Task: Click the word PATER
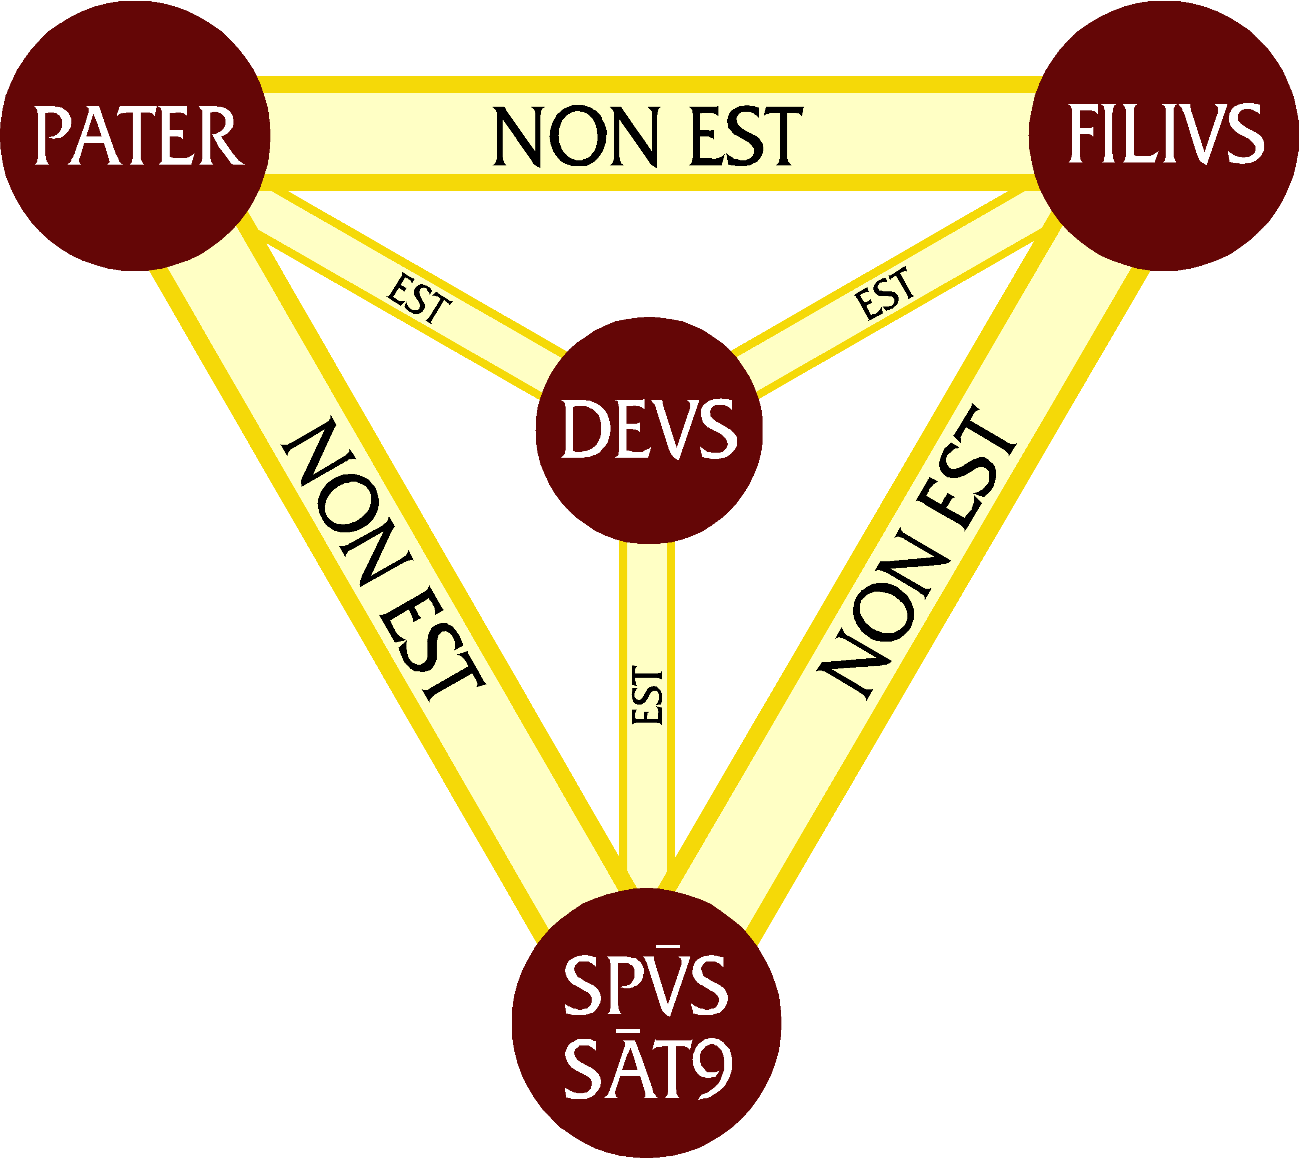138,136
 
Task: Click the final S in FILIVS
1244,134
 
